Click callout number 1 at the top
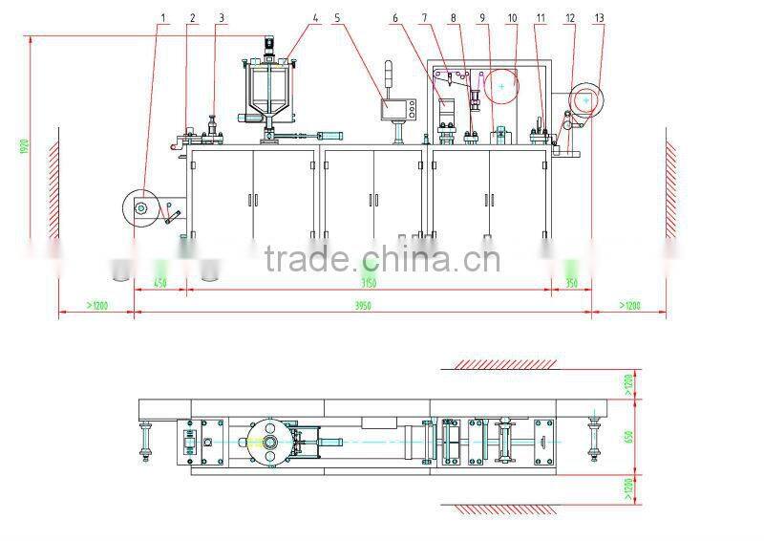coord(163,18)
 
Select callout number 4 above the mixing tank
coord(315,18)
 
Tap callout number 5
coord(338,18)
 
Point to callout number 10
coord(512,18)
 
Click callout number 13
coord(599,18)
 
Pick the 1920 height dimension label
coord(22,146)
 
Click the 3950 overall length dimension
coord(363,306)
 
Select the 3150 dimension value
coord(369,283)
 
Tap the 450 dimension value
coord(160,283)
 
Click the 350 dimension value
coord(571,283)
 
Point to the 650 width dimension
coord(627,436)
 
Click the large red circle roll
coord(500,86)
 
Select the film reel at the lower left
coord(141,207)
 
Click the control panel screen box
coord(393,109)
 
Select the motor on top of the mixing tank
coord(269,46)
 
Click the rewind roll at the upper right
coord(584,100)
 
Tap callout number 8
coord(454,18)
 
